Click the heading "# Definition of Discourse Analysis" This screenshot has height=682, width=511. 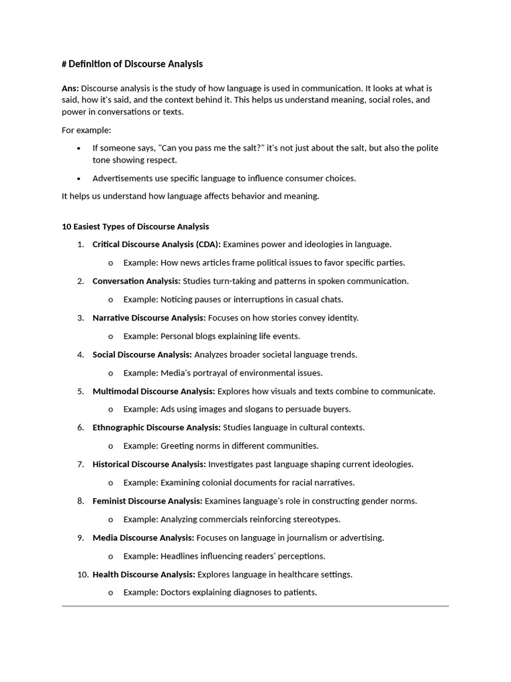(132, 64)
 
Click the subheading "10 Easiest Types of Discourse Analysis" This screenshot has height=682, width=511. (135, 226)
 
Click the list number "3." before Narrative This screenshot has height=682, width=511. (81, 318)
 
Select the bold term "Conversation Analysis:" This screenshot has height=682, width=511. (136, 281)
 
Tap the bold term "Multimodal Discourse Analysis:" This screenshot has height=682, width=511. (154, 391)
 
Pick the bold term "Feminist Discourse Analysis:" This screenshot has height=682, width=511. (148, 501)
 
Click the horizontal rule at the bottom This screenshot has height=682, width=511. (255, 606)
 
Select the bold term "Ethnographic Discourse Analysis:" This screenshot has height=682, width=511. (156, 428)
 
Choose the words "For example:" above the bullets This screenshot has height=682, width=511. (86, 130)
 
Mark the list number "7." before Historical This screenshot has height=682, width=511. (81, 464)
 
